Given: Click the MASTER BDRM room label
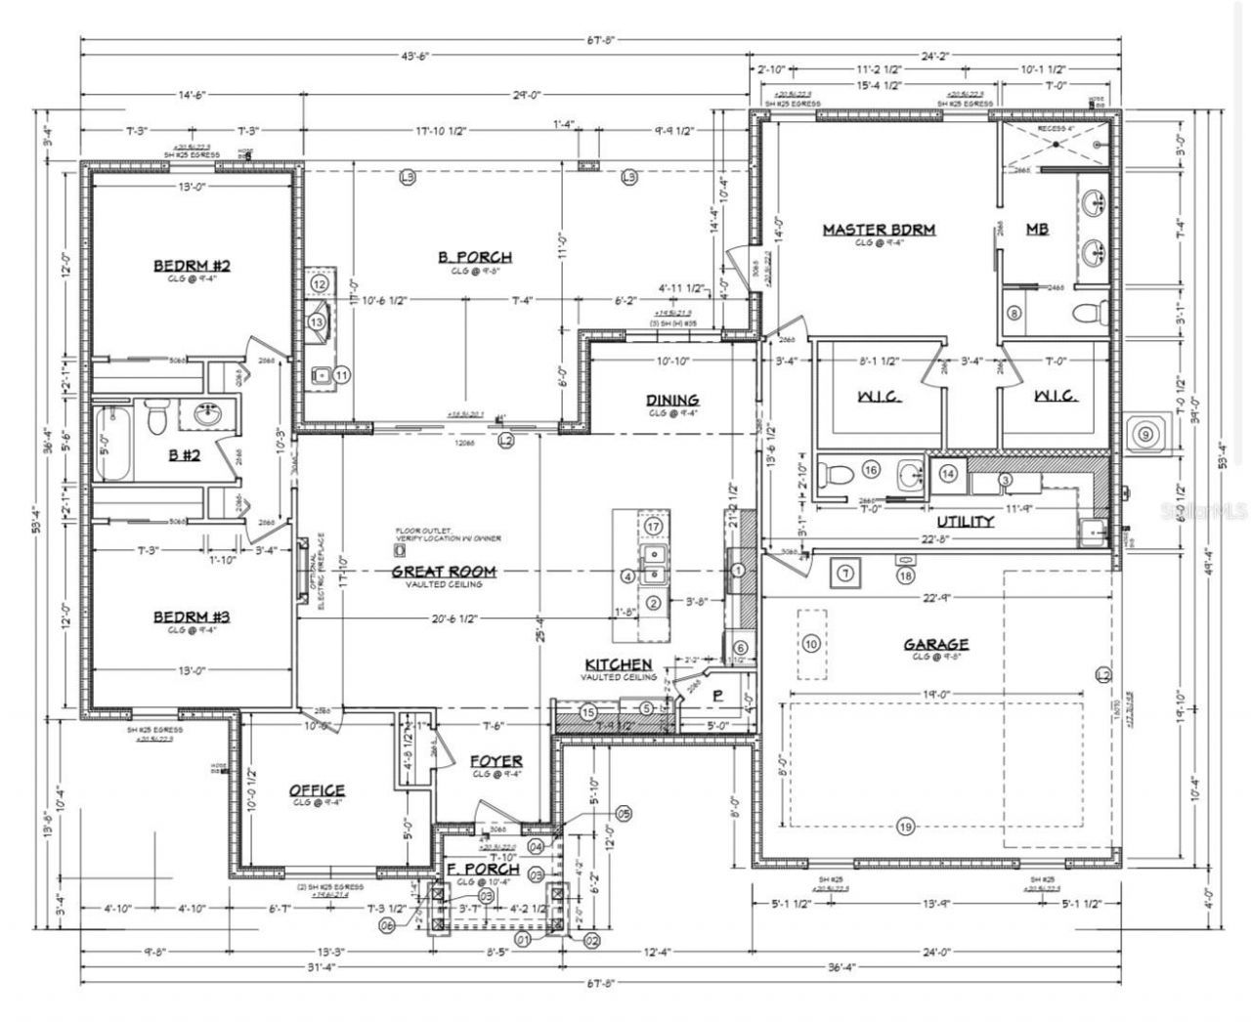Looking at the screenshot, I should click(x=878, y=230).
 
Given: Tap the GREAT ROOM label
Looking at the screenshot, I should click(x=444, y=572).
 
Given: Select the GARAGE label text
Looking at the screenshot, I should click(x=935, y=644).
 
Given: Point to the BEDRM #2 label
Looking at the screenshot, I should click(x=191, y=266).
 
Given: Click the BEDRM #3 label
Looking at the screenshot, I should click(x=191, y=617).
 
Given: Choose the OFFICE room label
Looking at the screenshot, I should click(x=316, y=789).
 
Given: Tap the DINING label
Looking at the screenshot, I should click(x=671, y=400).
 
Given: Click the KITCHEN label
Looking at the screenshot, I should click(x=618, y=664).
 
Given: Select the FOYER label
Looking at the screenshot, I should click(x=496, y=760).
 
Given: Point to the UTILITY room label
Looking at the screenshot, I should click(x=965, y=522).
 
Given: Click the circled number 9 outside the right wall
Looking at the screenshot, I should click(x=1144, y=432).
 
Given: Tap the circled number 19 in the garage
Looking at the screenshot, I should click(x=904, y=827).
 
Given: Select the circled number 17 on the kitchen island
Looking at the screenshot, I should click(x=654, y=527).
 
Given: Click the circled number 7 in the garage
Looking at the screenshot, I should click(x=845, y=572).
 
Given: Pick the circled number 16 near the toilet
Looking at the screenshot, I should click(x=871, y=470).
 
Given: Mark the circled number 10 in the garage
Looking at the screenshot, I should click(x=810, y=643).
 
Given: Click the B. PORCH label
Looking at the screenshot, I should click(x=474, y=258).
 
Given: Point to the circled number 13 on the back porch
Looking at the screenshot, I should click(x=317, y=320).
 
